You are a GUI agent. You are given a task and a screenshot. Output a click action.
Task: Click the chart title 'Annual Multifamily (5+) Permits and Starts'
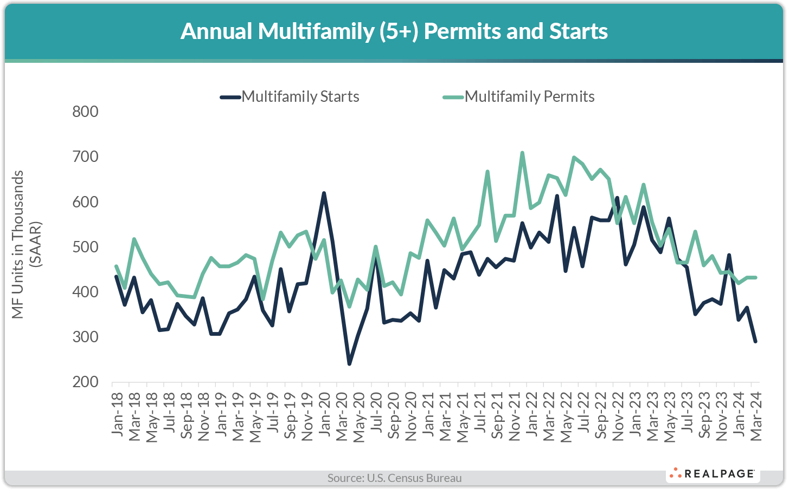tap(394, 31)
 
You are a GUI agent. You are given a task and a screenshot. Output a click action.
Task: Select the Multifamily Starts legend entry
tap(300, 97)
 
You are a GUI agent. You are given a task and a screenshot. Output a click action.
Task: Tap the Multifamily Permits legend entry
tap(529, 97)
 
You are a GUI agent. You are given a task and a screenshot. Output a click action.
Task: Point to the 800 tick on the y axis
tap(86, 112)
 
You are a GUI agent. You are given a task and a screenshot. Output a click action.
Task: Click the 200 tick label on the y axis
tap(86, 382)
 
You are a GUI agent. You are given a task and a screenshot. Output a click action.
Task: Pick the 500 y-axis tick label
tap(86, 247)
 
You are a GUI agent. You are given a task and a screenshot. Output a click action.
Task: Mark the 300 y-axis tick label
tap(86, 337)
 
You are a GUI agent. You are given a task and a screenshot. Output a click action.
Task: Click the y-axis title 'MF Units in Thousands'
tap(18, 244)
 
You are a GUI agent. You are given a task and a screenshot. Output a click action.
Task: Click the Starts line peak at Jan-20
tap(324, 193)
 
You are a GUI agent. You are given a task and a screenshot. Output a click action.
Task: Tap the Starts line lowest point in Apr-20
tap(349, 363)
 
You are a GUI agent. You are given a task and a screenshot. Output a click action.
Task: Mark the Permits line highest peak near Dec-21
tap(522, 153)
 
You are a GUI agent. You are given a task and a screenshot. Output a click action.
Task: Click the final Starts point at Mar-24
tap(755, 341)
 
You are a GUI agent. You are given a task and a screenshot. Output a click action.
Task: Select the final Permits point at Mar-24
tap(755, 277)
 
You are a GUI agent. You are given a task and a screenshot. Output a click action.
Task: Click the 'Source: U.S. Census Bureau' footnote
tap(394, 478)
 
